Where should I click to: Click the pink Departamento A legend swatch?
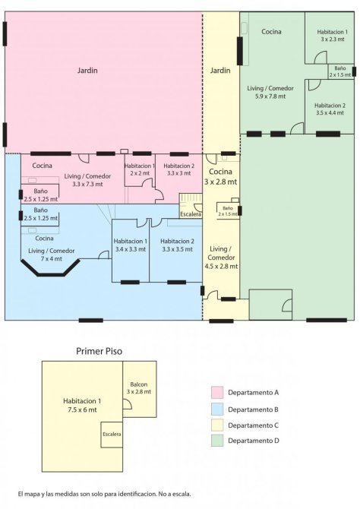point(217,392)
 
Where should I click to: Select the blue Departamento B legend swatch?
point(217,409)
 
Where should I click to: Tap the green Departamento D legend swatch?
point(217,441)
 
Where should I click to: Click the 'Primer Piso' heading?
point(99,351)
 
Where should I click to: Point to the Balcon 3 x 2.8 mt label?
point(139,388)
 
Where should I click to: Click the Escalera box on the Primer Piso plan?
point(112,435)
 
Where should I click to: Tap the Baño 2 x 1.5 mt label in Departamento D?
point(340,71)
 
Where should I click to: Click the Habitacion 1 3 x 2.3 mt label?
point(333,36)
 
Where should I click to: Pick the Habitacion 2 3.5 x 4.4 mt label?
point(330,109)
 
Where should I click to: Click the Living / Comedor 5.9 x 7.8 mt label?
point(270,92)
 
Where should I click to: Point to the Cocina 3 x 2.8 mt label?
point(220,176)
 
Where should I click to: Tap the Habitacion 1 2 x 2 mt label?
point(140,169)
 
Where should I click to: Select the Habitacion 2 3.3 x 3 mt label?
point(179,169)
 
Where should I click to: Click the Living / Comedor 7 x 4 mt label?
point(52,254)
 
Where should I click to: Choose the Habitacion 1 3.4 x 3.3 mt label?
point(131,245)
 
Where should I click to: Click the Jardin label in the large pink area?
point(87,70)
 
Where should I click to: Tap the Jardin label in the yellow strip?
point(220,70)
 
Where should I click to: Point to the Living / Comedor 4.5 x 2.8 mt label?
point(221,258)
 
